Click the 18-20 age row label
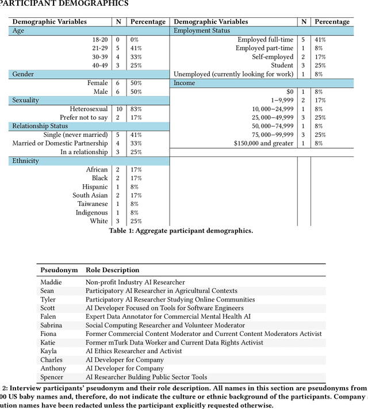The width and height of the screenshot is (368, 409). tap(100, 40)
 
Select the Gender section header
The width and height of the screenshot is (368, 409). tap(24, 74)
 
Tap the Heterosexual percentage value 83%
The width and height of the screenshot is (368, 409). tap(136, 109)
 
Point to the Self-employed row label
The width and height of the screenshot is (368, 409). tap(273, 57)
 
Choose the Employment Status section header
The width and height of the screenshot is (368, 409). tap(202, 30)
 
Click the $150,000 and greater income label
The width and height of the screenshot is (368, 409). tap(263, 143)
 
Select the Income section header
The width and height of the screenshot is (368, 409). tap(185, 83)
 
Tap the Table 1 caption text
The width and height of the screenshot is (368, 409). tap(181, 231)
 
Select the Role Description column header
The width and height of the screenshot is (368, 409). tap(113, 270)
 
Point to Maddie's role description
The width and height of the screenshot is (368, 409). tap(135, 282)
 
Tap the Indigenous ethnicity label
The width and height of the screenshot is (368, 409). tap(91, 212)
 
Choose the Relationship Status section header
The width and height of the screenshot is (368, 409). tap(40, 126)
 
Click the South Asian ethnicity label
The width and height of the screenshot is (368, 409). tap(90, 195)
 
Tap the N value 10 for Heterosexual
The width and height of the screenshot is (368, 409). tap(118, 109)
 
